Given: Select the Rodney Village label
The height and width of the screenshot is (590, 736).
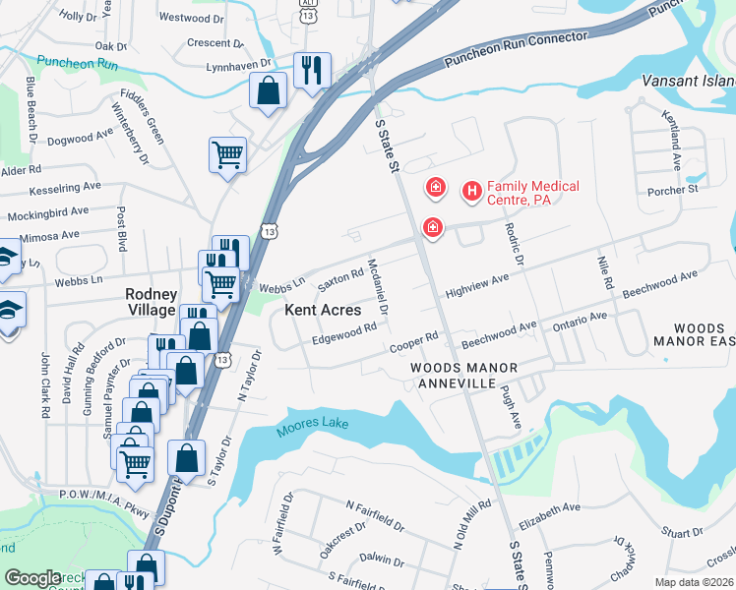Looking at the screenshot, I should (151, 302).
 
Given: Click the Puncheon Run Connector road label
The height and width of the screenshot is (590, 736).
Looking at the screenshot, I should (516, 48).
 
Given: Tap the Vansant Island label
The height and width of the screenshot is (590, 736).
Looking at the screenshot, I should (688, 80).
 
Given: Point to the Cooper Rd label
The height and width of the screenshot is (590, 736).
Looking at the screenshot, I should (413, 340).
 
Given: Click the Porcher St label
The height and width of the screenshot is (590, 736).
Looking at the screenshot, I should (678, 188).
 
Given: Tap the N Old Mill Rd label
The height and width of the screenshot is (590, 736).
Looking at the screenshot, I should (471, 522).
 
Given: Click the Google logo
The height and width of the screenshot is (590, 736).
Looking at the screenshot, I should (33, 578).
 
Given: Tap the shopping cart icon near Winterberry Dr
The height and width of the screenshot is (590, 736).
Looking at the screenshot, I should (226, 154).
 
